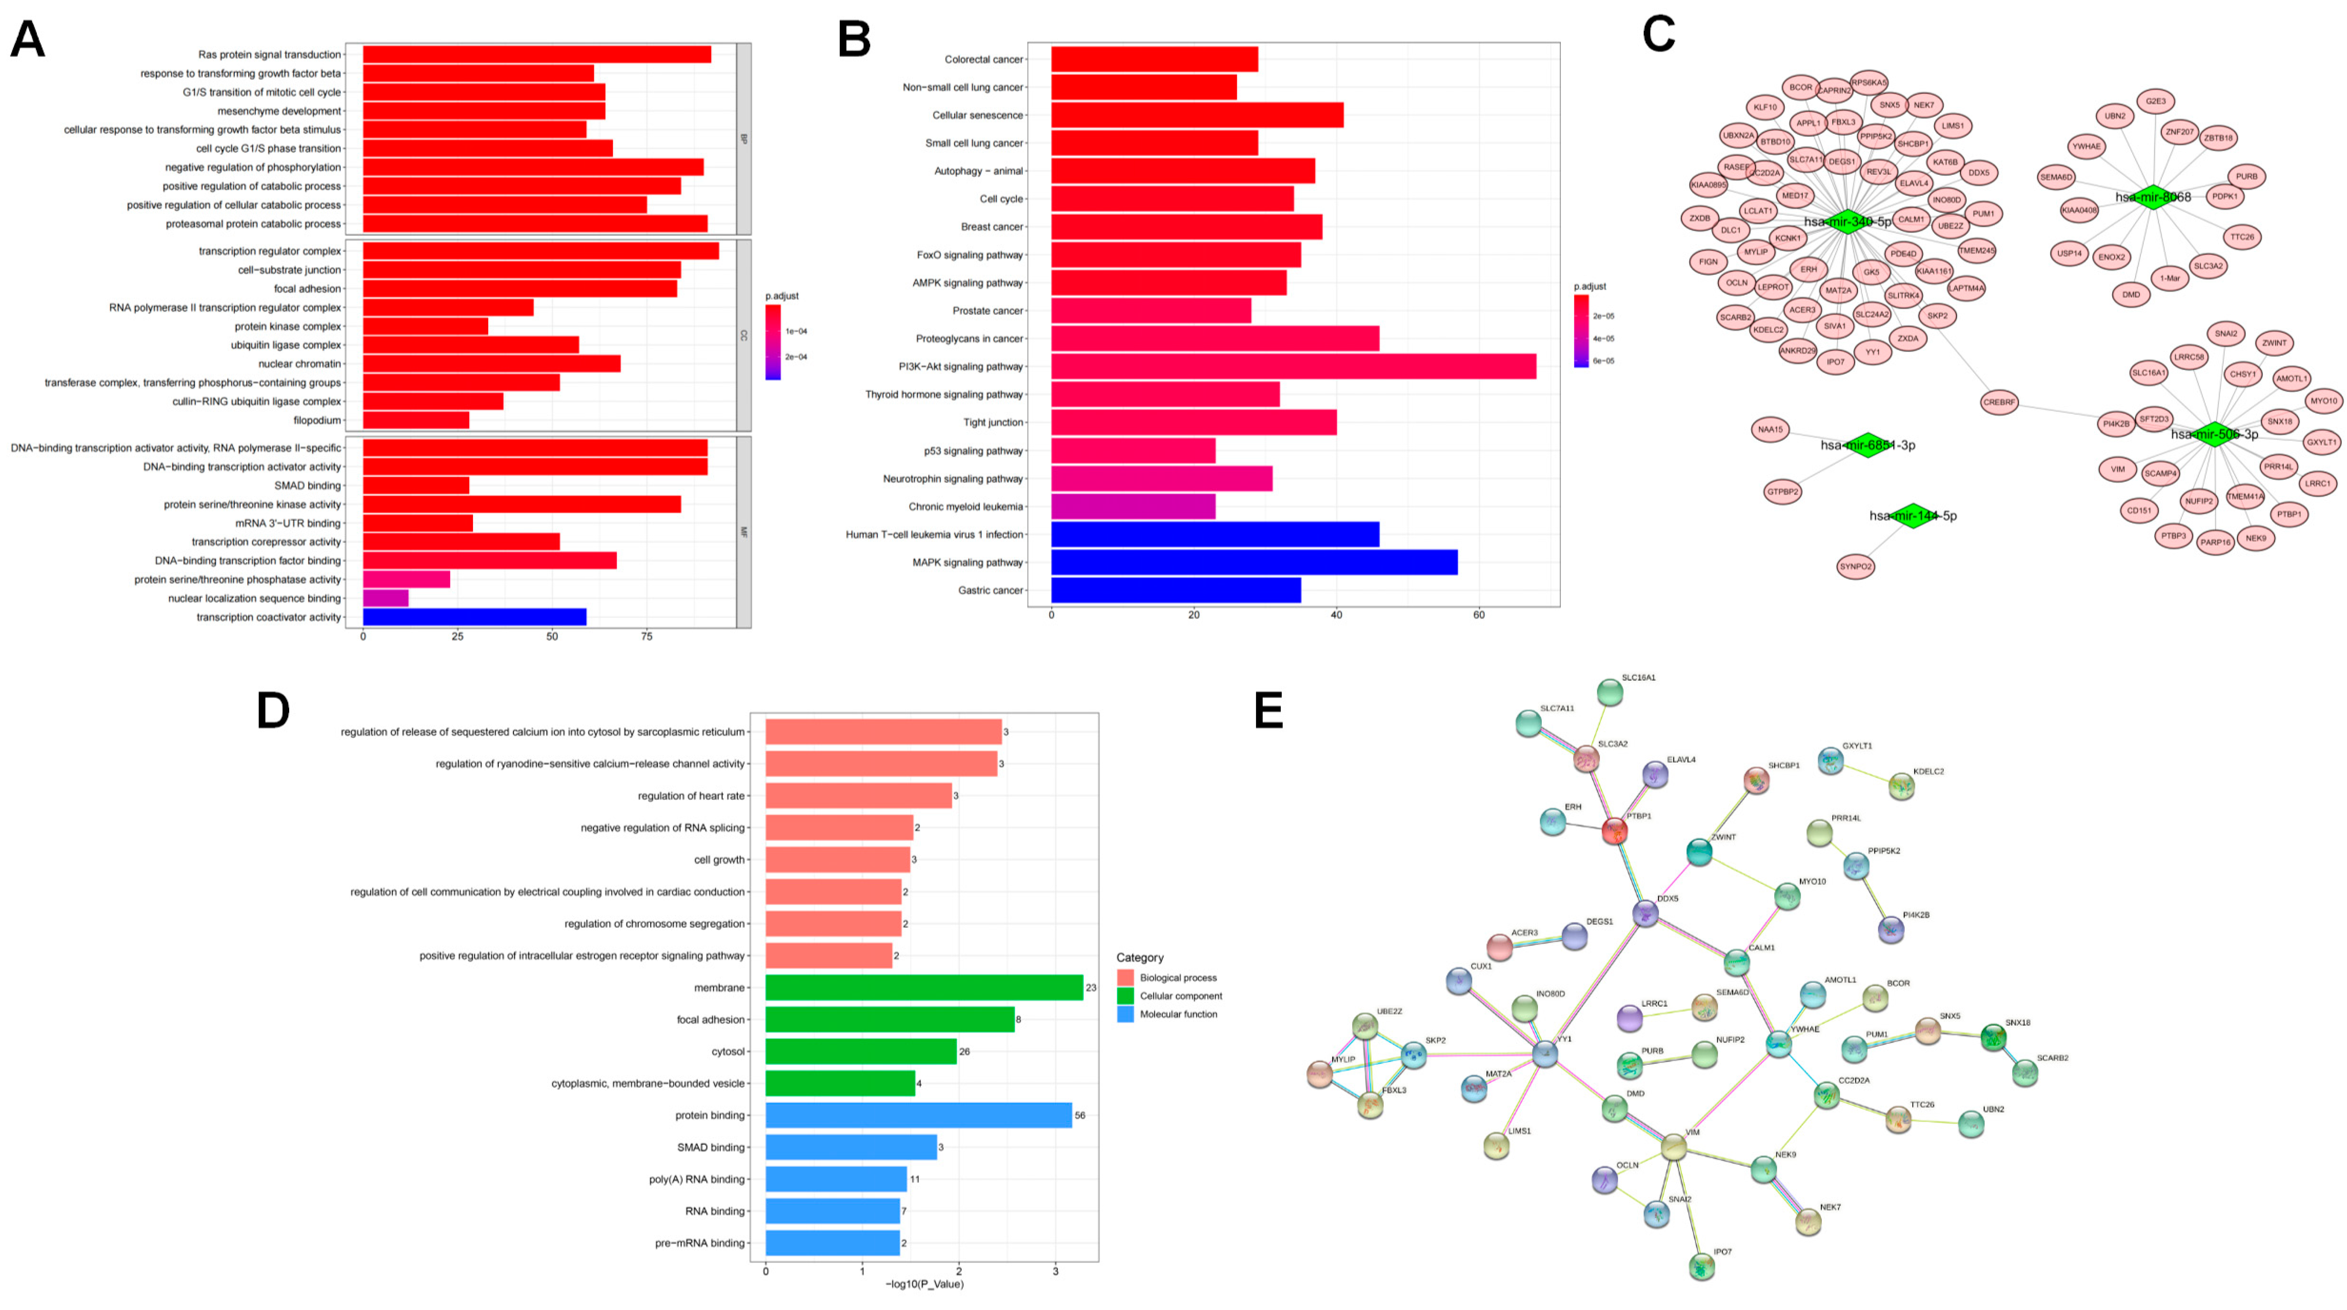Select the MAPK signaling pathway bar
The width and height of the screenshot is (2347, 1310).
tap(1254, 562)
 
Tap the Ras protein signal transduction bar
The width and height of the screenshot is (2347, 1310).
tap(537, 55)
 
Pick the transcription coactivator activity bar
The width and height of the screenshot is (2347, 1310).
tap(474, 617)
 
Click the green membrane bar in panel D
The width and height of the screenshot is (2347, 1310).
tap(924, 988)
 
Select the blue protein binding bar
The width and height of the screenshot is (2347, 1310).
tap(918, 1115)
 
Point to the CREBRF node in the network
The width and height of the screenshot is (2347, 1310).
tap(2000, 402)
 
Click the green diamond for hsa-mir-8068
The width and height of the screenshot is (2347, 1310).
tap(2152, 197)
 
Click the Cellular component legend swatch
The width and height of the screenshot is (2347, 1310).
tap(1125, 996)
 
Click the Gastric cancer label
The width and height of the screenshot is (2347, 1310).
tap(991, 590)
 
